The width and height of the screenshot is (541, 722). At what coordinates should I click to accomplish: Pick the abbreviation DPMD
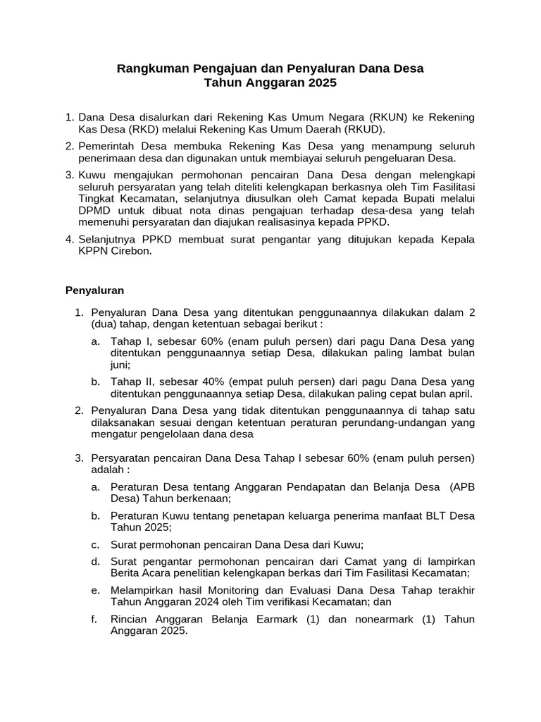point(94,211)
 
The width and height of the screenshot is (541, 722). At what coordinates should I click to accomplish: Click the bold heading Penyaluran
point(95,290)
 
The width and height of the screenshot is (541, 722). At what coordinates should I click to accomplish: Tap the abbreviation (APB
point(462,487)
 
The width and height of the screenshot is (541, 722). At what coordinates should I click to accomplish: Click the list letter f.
point(94,619)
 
